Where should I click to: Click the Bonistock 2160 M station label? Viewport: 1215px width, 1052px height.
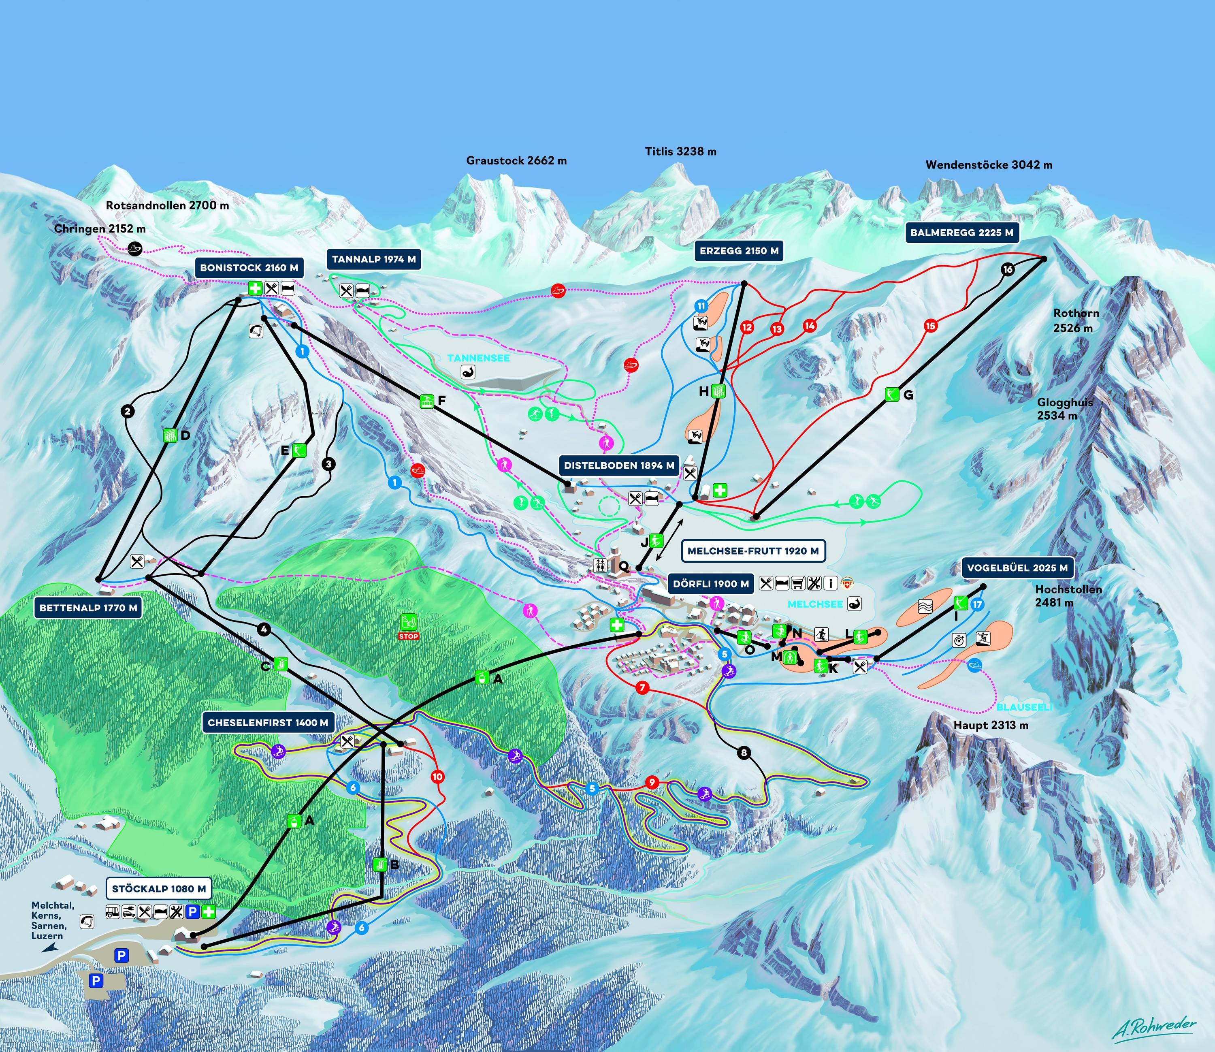(249, 268)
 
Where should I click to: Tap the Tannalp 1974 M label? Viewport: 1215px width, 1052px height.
(374, 259)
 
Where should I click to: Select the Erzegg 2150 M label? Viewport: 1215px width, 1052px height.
(739, 251)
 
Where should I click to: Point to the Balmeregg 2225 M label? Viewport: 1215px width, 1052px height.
(962, 233)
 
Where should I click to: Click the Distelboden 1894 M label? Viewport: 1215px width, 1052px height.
(619, 465)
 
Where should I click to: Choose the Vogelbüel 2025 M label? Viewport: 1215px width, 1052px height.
(1017, 568)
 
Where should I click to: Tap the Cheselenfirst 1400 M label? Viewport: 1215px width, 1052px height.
(268, 723)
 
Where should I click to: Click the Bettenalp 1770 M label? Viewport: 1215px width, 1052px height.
(88, 608)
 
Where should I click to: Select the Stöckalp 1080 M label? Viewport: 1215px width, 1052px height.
(158, 889)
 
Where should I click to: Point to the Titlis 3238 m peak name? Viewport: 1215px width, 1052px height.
(681, 152)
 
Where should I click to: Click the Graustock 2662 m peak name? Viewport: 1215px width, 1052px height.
(516, 160)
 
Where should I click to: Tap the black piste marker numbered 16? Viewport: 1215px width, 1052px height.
(1008, 269)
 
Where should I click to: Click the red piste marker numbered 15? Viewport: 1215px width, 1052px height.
(930, 326)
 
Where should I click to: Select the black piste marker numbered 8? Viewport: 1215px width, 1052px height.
(744, 753)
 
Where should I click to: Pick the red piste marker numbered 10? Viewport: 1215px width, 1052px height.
(437, 777)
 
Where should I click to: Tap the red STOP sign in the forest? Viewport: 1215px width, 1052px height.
(409, 636)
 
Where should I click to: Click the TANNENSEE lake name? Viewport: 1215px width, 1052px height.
(478, 358)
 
